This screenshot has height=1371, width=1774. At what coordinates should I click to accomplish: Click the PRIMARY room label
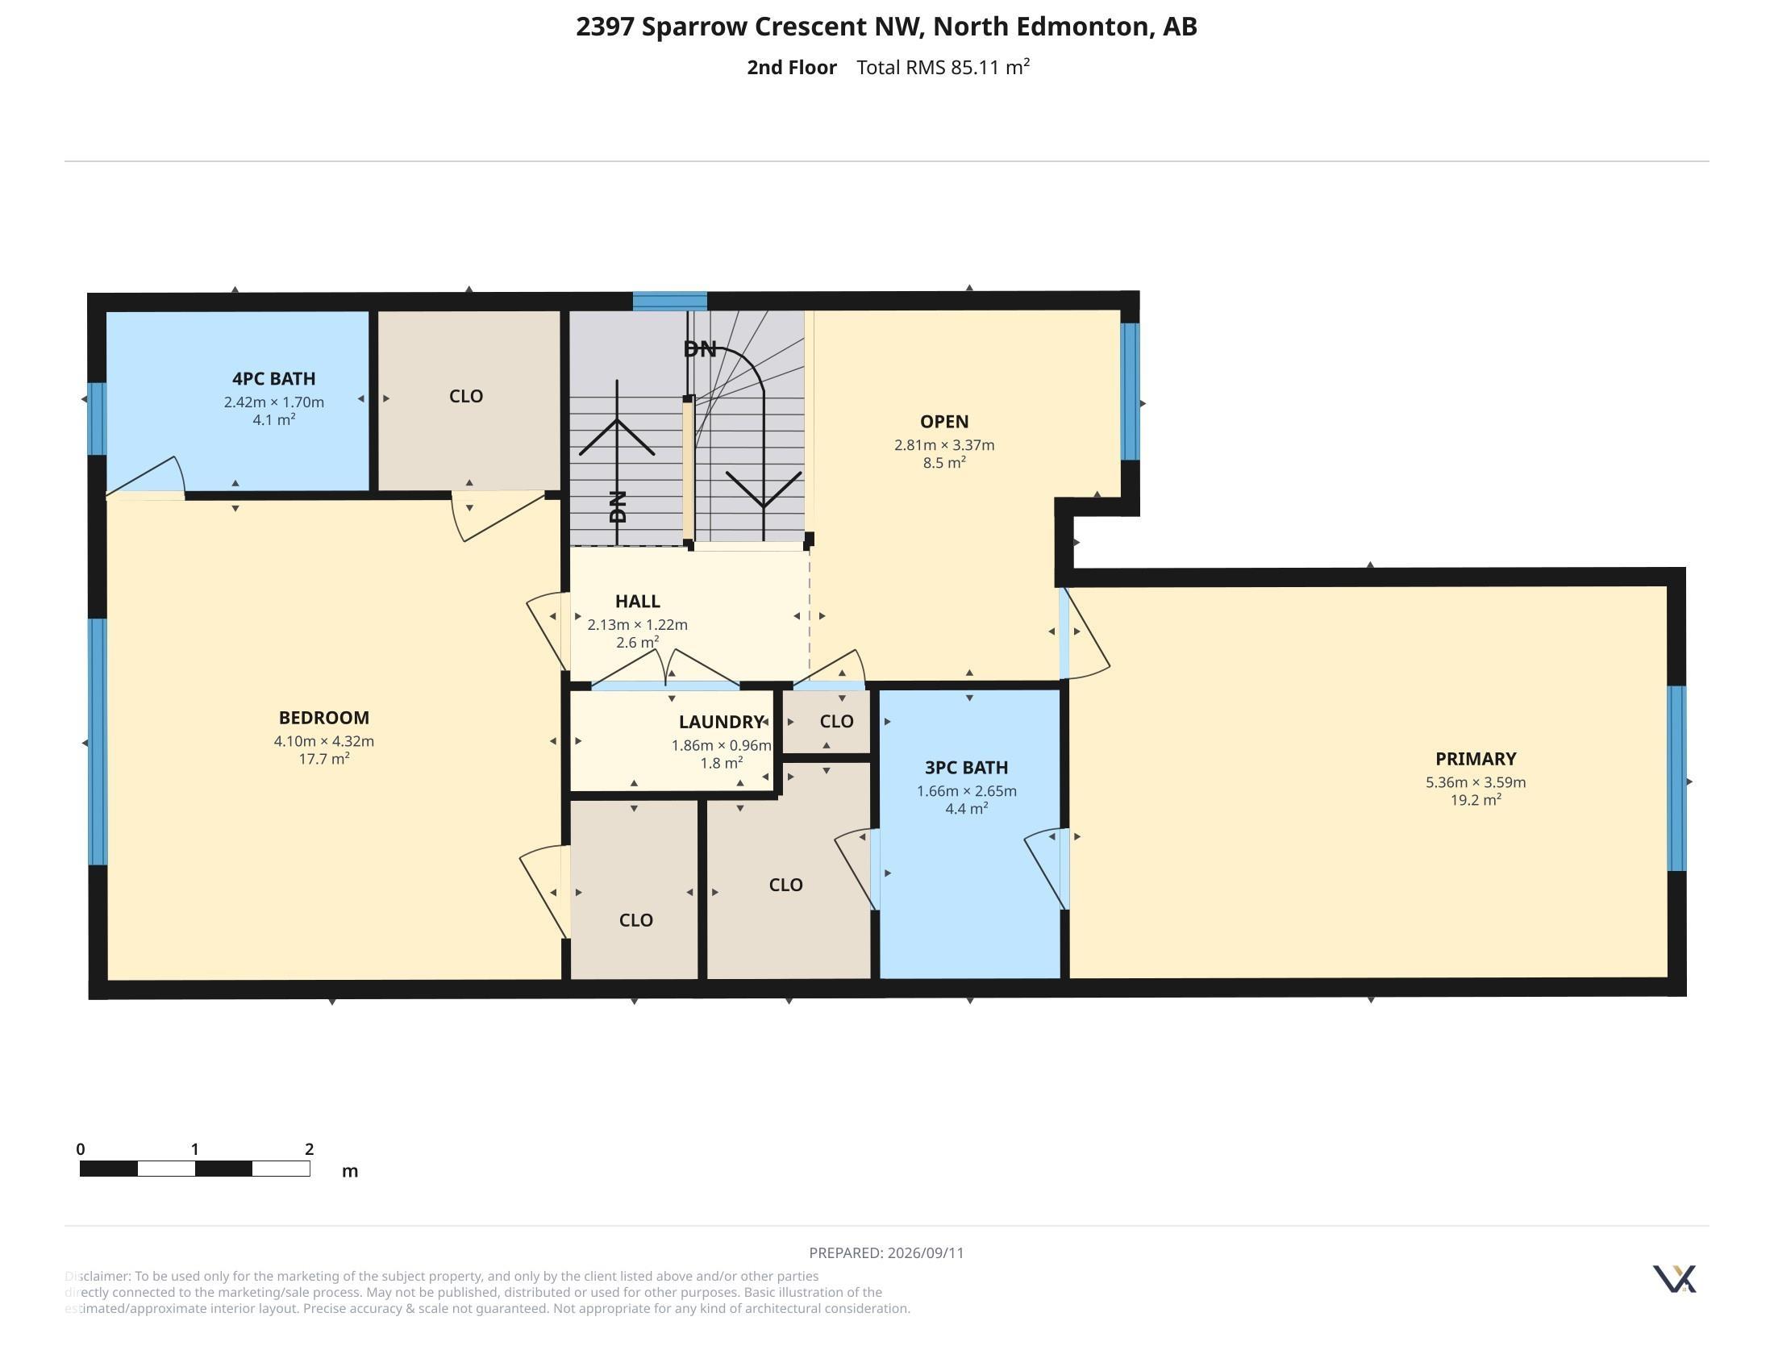coord(1475,759)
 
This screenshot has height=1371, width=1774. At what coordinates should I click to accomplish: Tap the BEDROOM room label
coord(323,718)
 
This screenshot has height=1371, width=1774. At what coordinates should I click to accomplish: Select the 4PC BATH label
coord(273,378)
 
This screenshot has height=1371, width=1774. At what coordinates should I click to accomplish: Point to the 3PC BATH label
coord(966,768)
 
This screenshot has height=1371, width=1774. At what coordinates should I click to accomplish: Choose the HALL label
coord(637,601)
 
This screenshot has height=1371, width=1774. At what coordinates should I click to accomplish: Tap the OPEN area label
coord(944,422)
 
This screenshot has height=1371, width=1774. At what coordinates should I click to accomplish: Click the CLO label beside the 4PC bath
coord(466,396)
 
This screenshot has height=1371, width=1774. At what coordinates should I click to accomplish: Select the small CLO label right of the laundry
coord(837,721)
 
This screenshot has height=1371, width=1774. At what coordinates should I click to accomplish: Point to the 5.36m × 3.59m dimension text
coord(1475,782)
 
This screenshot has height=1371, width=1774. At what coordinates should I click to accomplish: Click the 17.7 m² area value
coord(324,759)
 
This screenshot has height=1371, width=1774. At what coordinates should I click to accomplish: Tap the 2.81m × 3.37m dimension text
coord(944,445)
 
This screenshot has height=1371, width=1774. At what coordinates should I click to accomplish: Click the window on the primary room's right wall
coord(1676,778)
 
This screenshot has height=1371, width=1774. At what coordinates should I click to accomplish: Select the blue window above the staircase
coord(670,302)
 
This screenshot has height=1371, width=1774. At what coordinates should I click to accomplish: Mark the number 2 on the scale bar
coord(309,1149)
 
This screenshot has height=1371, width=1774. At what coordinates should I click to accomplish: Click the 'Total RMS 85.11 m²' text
coord(943,67)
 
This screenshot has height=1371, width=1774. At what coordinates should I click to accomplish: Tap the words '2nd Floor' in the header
coord(792,68)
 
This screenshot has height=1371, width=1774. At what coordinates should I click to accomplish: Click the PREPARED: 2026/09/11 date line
coord(886,1252)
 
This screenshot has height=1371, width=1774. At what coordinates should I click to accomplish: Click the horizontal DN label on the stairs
coord(699,349)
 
